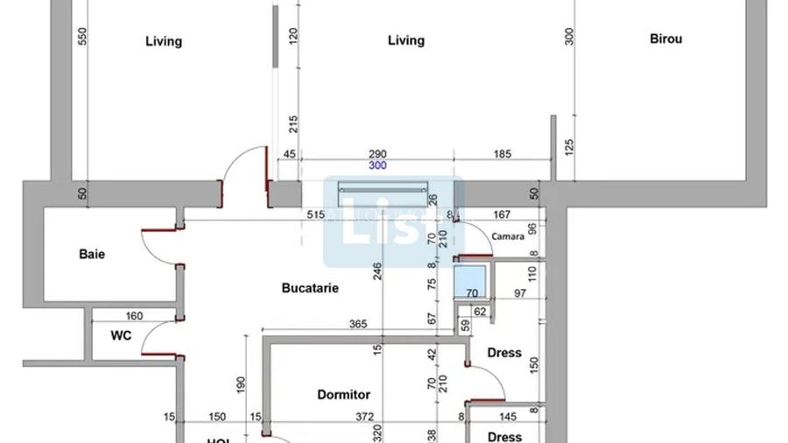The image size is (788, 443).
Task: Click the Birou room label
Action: click(666, 39)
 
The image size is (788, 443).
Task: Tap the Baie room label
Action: click(92, 254)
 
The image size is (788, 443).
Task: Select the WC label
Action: click(121, 335)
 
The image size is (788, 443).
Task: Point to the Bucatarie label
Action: click(310, 287)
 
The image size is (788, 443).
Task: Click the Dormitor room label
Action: click(343, 395)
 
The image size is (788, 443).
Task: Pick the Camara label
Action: click(508, 236)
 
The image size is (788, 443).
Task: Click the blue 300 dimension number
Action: click(377, 165)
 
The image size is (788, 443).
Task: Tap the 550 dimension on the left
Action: click(83, 36)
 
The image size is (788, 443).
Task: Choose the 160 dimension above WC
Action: click(134, 316)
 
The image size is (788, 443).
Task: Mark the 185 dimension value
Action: click(502, 154)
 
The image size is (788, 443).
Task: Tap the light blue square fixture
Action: click(472, 283)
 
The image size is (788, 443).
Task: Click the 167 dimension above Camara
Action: click(503, 214)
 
